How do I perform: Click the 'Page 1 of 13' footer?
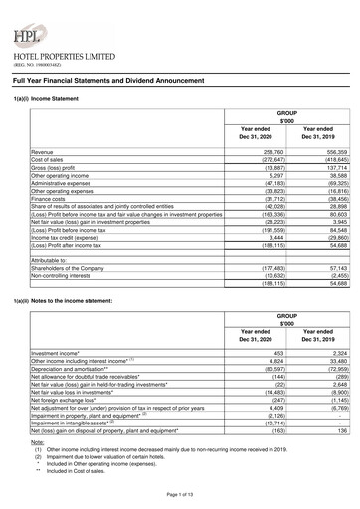(x=180, y=495)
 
